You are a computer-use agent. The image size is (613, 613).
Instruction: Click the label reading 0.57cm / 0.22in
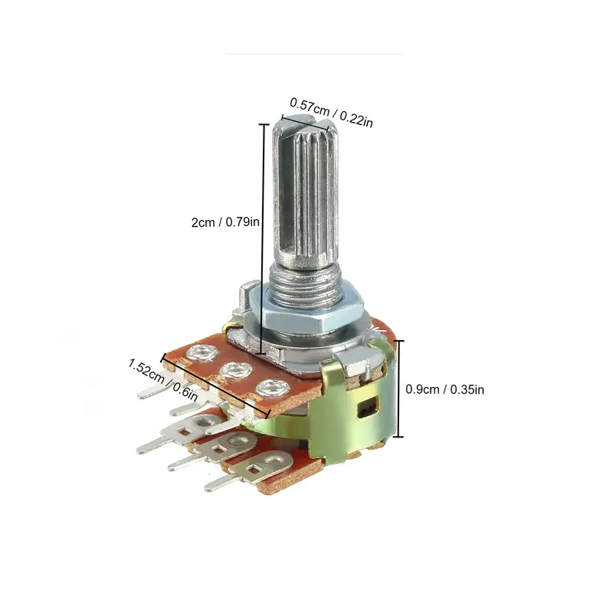click(x=331, y=111)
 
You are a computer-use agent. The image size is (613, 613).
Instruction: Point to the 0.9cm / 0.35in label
click(x=444, y=389)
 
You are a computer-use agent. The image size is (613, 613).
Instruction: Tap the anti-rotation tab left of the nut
click(x=244, y=294)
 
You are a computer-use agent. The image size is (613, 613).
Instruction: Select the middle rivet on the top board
click(x=232, y=372)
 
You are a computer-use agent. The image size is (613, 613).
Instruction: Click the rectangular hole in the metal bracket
click(x=369, y=408)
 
